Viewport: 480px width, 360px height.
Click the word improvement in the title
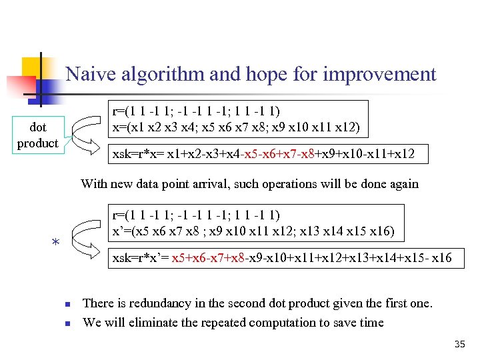379,74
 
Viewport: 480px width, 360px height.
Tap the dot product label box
37,135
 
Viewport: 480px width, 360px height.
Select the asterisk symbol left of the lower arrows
57,244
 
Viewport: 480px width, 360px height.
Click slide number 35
459,345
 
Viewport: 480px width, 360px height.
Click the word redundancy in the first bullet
158,304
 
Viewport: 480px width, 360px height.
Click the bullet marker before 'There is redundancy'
67,305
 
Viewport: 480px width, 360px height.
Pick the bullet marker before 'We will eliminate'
67,324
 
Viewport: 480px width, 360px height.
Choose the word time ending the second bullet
371,323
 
